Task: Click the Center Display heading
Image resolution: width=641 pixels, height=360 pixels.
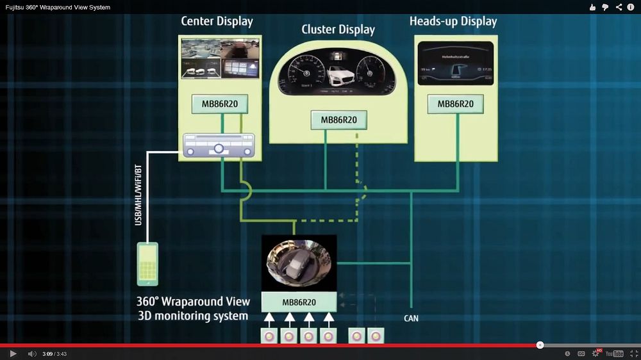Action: click(x=217, y=21)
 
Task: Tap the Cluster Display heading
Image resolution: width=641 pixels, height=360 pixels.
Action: click(x=338, y=29)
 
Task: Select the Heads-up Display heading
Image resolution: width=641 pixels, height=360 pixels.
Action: click(x=453, y=21)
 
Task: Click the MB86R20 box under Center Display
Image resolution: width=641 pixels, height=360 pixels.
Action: click(x=219, y=104)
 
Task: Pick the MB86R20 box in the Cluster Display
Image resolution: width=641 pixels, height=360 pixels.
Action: click(x=338, y=120)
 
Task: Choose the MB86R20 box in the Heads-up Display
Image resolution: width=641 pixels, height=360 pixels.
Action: click(x=455, y=104)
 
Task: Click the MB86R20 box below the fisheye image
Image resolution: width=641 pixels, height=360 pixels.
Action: click(x=299, y=302)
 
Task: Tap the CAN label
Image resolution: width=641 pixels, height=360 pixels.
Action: click(x=411, y=318)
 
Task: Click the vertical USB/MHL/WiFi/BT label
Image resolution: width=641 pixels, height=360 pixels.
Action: click(x=138, y=195)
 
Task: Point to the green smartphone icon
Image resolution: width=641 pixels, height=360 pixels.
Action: click(x=148, y=263)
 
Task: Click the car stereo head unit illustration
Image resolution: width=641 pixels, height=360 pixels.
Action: click(x=219, y=145)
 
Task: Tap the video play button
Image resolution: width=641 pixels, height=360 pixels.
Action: click(x=12, y=354)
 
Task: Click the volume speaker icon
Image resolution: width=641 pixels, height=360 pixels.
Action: click(x=31, y=354)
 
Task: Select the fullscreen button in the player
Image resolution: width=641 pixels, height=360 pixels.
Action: click(x=633, y=354)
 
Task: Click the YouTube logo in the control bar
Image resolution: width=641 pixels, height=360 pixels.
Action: click(x=614, y=354)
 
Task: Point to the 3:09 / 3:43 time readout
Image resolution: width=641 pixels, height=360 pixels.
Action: click(x=54, y=354)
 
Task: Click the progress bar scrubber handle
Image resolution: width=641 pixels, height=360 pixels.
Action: click(x=540, y=345)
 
